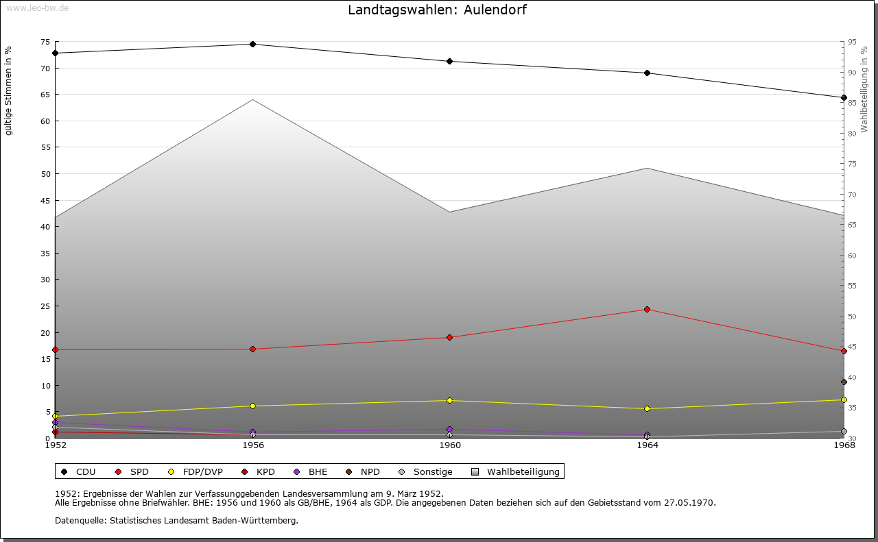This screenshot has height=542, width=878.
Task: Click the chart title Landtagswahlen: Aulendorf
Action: pos(438,10)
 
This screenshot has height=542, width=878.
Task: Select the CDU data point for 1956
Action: pos(252,45)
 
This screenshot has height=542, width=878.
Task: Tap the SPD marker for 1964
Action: pos(647,310)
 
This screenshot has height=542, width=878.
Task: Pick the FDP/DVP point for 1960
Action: pos(450,401)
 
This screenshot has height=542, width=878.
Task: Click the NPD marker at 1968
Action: pos(844,382)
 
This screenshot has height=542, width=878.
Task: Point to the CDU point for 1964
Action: pos(647,73)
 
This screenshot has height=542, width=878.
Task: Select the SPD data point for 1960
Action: pos(450,338)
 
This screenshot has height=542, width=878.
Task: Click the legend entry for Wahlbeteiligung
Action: pos(523,471)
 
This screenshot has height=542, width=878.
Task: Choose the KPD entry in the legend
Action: pos(265,471)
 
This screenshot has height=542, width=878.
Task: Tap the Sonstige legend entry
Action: pos(432,471)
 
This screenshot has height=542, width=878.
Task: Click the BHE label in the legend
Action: pos(318,471)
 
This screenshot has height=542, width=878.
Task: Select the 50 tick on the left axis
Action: pos(45,174)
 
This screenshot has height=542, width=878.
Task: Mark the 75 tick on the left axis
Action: pos(45,42)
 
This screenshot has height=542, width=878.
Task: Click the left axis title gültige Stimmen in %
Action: pos(9,91)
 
